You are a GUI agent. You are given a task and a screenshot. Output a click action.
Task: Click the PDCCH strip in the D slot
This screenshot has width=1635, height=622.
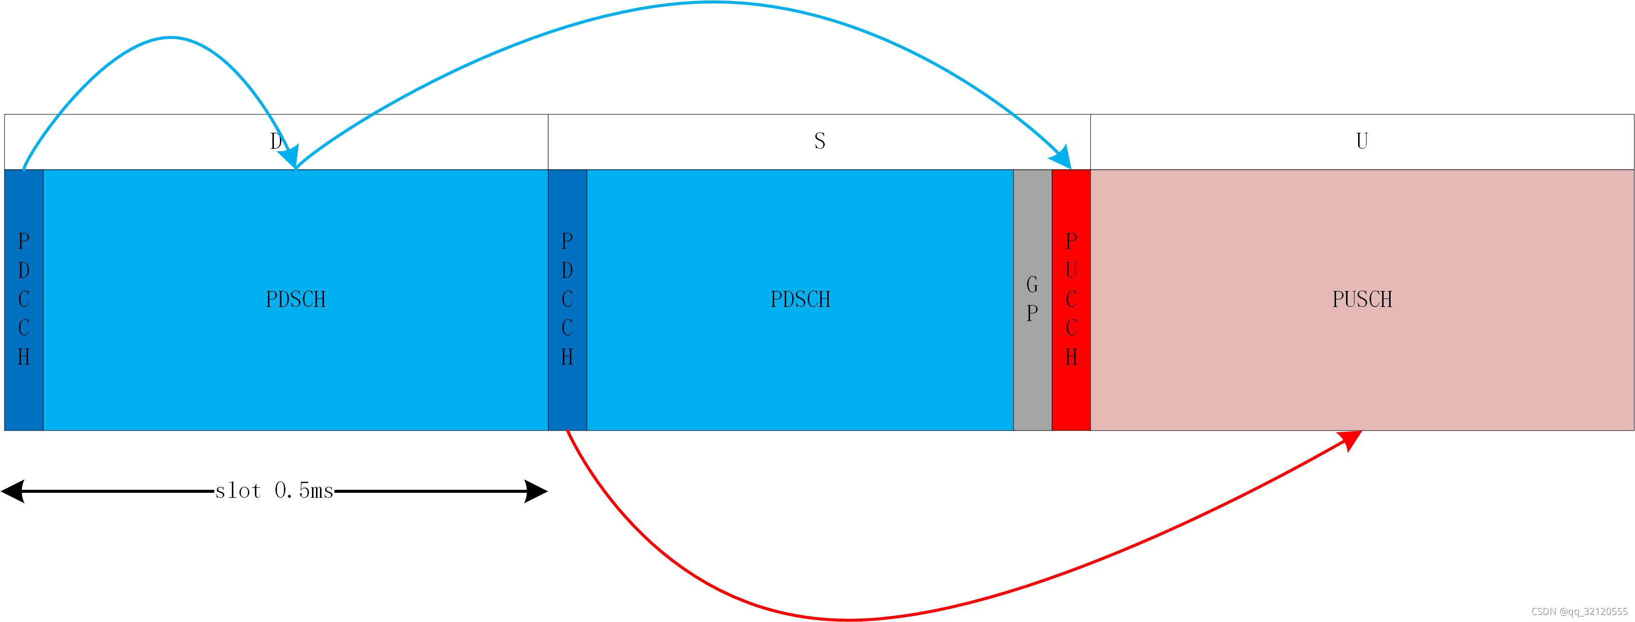pos(24,299)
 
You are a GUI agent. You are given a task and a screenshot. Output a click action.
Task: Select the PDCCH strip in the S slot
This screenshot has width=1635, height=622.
pos(567,299)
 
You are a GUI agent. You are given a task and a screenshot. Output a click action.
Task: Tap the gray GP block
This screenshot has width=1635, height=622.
pos(1033,299)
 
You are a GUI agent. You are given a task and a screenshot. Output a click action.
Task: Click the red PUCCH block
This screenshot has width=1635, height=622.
pos(1071,299)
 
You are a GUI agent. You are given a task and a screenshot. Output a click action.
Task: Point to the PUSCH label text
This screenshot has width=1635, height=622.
pos(1362,299)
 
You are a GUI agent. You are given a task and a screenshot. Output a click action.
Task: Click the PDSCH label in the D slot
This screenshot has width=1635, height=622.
pos(296,299)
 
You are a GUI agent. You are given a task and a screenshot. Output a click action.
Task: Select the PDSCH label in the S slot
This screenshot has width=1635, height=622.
pos(800,299)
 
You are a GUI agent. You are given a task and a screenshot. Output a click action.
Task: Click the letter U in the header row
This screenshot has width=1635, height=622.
pos(1362,140)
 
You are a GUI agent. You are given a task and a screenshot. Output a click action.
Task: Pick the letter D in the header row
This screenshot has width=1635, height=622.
pos(276,140)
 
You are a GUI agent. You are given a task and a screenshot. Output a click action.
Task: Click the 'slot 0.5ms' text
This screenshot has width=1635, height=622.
pos(274,491)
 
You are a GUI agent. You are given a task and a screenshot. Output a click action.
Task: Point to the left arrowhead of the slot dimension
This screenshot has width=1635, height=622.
pos(13,491)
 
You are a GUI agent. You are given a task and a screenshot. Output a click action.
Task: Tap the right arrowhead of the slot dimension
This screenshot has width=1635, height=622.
pos(536,491)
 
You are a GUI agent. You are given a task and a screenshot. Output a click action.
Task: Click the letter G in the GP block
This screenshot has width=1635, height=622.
pos(1033,284)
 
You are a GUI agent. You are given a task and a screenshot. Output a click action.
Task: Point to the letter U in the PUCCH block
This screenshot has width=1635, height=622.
pos(1071,270)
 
